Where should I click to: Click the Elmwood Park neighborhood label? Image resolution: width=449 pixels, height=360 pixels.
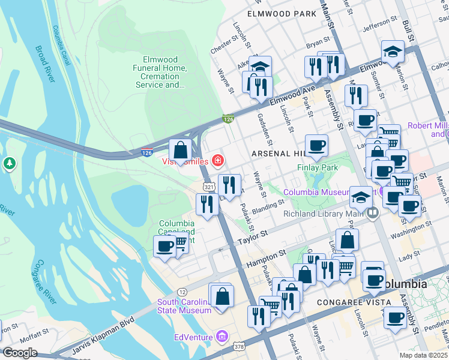pos(280,13)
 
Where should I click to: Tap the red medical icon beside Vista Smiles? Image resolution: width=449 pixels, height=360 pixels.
pos(217,161)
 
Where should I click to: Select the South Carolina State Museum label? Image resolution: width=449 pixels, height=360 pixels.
pos(184,306)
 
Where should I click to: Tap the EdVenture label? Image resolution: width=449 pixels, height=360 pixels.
pos(193,337)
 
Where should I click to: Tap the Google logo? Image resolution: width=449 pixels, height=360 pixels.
pos(20,353)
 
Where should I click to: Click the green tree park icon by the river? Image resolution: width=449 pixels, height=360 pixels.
pos(9,163)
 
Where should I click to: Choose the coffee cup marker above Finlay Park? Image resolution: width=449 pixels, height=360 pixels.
pos(316,145)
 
